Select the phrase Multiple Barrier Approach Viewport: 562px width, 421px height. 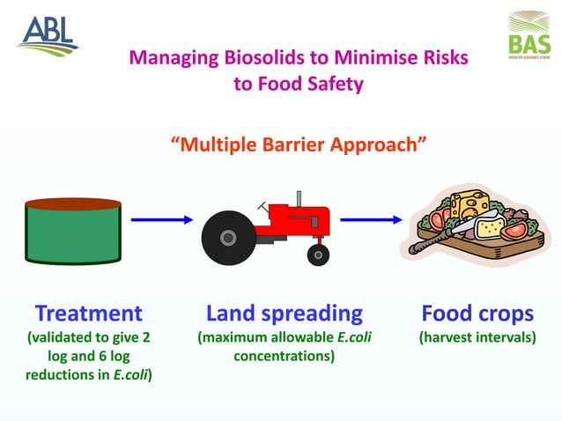pyautogui.click(x=298, y=144)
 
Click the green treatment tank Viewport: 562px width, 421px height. pyautogui.click(x=72, y=231)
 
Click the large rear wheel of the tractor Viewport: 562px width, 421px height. pyautogui.click(x=226, y=237)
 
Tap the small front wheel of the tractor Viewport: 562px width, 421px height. pyautogui.click(x=318, y=255)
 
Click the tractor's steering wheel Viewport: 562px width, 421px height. pyautogui.click(x=263, y=206)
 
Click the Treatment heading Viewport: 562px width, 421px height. pyautogui.click(x=88, y=313)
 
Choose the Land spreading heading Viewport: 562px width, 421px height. pyautogui.click(x=284, y=313)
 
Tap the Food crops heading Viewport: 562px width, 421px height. pyautogui.click(x=477, y=313)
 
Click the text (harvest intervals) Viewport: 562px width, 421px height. pyautogui.click(x=477, y=336)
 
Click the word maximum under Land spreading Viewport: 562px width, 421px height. pyautogui.click(x=250, y=336)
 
